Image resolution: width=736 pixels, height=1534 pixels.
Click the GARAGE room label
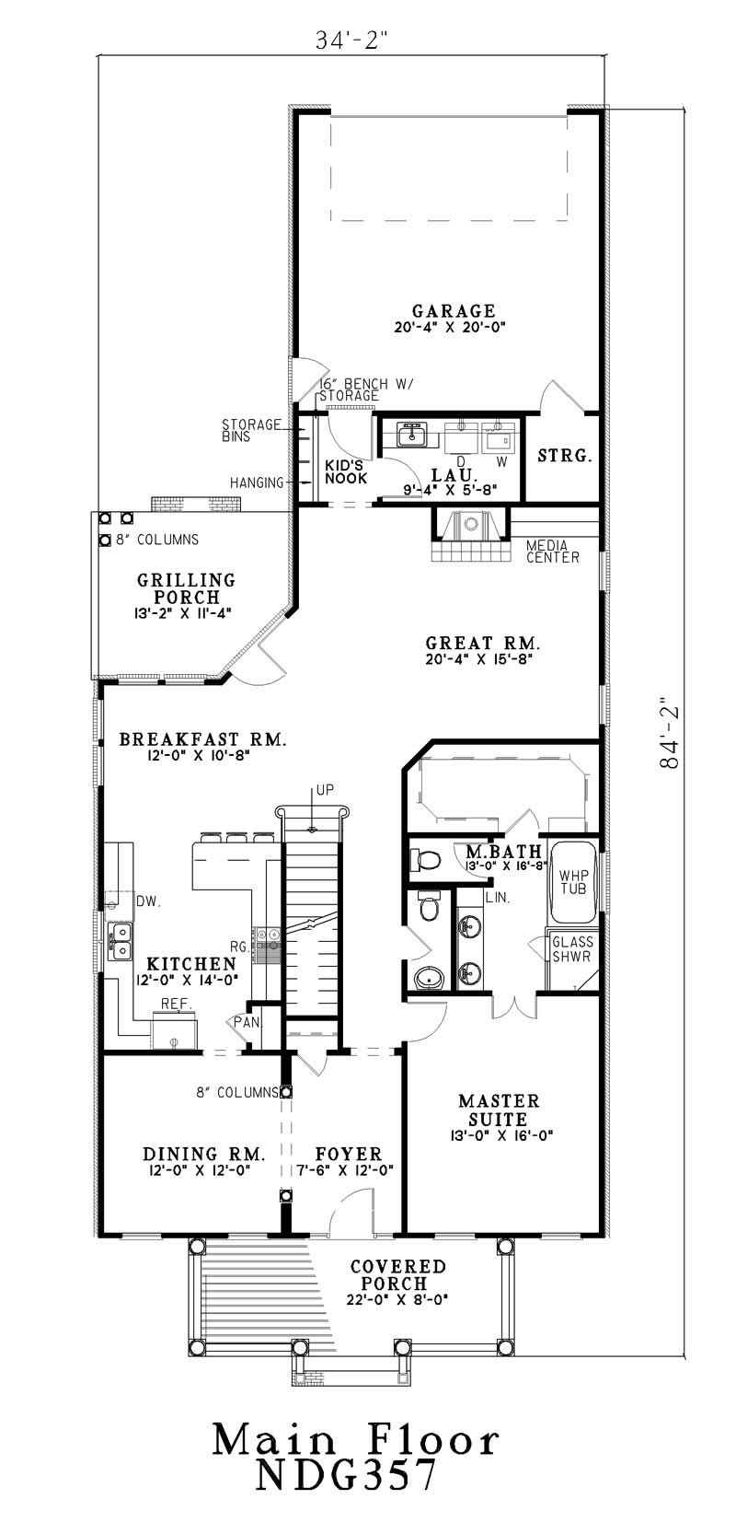(x=453, y=311)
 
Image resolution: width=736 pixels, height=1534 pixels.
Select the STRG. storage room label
(x=564, y=456)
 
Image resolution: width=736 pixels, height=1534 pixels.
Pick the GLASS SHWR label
(x=572, y=949)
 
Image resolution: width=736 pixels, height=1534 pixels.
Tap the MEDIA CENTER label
(x=552, y=552)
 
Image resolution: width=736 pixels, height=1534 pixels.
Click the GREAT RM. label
(x=482, y=643)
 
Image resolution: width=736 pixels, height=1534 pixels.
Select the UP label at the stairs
(x=325, y=790)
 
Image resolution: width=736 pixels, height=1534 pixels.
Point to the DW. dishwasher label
(x=149, y=902)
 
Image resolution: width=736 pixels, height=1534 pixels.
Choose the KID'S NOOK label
(x=346, y=472)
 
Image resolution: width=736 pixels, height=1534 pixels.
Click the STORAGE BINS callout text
(x=250, y=431)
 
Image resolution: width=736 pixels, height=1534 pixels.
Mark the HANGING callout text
(x=257, y=482)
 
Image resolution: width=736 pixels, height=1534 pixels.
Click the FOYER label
(x=348, y=1154)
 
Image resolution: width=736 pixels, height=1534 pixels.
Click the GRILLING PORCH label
(x=187, y=588)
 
